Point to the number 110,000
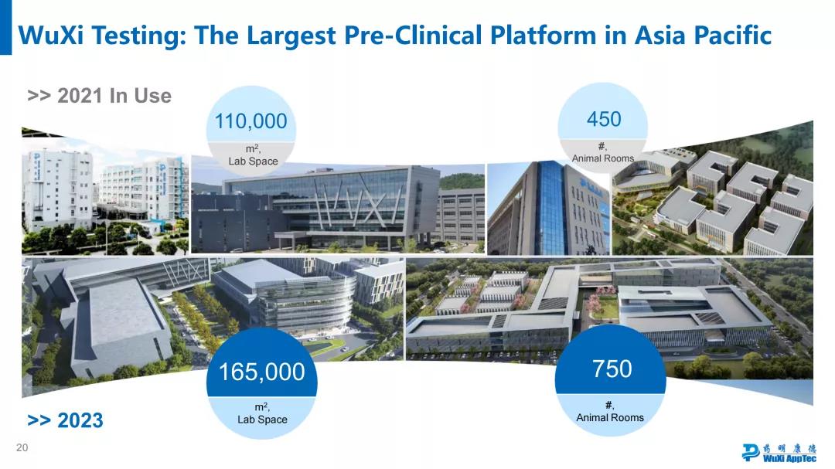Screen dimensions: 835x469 pyautogui.click(x=250, y=121)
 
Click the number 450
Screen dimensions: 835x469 pyautogui.click(x=604, y=119)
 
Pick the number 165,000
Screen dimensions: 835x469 pyautogui.click(x=262, y=372)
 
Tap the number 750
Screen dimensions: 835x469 pyautogui.click(x=612, y=369)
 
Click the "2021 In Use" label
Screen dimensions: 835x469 pyautogui.click(x=114, y=96)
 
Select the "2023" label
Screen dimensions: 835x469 pyautogui.click(x=80, y=420)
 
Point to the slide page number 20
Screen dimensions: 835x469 pyautogui.click(x=22, y=447)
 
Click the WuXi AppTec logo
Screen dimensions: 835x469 pyautogui.click(x=779, y=452)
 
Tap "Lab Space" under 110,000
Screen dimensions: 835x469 pyautogui.click(x=253, y=161)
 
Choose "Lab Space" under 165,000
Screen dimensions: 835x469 pyautogui.click(x=262, y=420)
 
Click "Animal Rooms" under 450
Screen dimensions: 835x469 pyautogui.click(x=603, y=158)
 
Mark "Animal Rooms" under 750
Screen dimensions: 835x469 pyautogui.click(x=610, y=418)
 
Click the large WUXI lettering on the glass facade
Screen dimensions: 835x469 pyautogui.click(x=359, y=205)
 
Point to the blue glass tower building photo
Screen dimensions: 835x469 pyautogui.click(x=548, y=208)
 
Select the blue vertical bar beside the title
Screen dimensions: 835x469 pyautogui.click(x=5, y=27)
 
